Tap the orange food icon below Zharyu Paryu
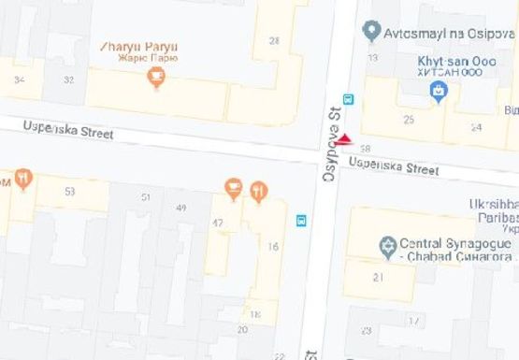tap(156, 80)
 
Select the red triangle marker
tap(343, 140)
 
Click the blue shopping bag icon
tap(437, 90)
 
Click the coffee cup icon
tap(233, 191)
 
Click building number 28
tap(273, 40)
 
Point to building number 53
tap(69, 192)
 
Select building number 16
tap(273, 246)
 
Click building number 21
tap(378, 277)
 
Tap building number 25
tap(408, 120)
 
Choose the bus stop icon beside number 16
tap(301, 221)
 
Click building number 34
tap(20, 79)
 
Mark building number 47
tap(218, 223)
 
